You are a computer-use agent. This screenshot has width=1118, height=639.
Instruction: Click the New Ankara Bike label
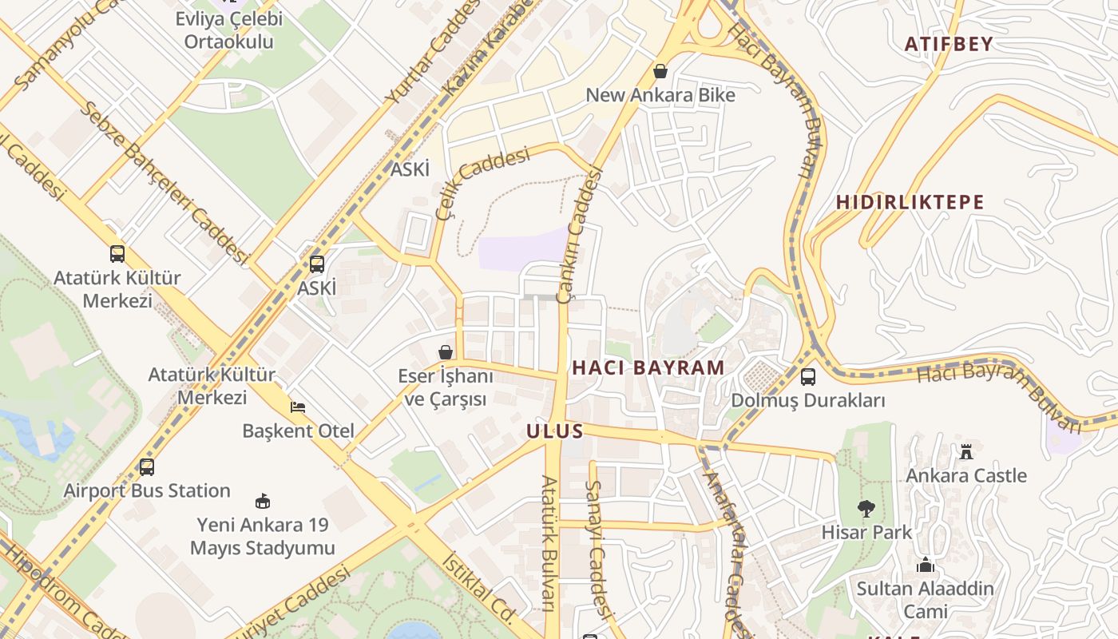pos(660,95)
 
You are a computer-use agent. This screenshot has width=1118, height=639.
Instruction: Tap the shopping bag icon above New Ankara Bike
pos(660,71)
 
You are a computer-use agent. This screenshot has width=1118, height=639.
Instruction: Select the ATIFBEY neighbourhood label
pos(949,44)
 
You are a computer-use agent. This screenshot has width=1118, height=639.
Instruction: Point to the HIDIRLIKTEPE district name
pos(910,202)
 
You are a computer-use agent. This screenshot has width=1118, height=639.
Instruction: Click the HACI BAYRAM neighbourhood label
pos(648,368)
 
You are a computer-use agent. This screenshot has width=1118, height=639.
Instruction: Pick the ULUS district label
pos(555,431)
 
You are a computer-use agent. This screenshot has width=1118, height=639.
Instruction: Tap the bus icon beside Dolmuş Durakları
pos(808,376)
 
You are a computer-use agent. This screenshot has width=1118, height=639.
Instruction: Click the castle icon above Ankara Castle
pos(966,452)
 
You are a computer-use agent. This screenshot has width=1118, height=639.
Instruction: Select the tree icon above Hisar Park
pos(866,508)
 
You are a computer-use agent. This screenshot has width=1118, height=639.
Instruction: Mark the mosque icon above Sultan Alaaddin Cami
pos(926,566)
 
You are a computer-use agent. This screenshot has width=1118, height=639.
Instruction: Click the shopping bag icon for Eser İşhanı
pos(446,352)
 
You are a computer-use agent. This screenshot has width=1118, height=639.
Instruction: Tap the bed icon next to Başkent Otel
pos(298,407)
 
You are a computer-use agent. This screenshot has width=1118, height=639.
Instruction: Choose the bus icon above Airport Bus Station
pos(146,467)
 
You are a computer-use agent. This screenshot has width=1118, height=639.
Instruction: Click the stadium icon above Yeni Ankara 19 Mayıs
pos(262,502)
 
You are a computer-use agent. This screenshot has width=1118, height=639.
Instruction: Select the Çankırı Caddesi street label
pos(583,236)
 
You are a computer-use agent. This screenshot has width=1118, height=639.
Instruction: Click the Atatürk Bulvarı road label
pos(549,543)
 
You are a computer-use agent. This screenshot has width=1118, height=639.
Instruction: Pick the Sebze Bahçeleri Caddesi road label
pos(165,182)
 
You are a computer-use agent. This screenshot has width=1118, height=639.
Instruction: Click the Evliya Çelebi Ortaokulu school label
pos(229,30)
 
